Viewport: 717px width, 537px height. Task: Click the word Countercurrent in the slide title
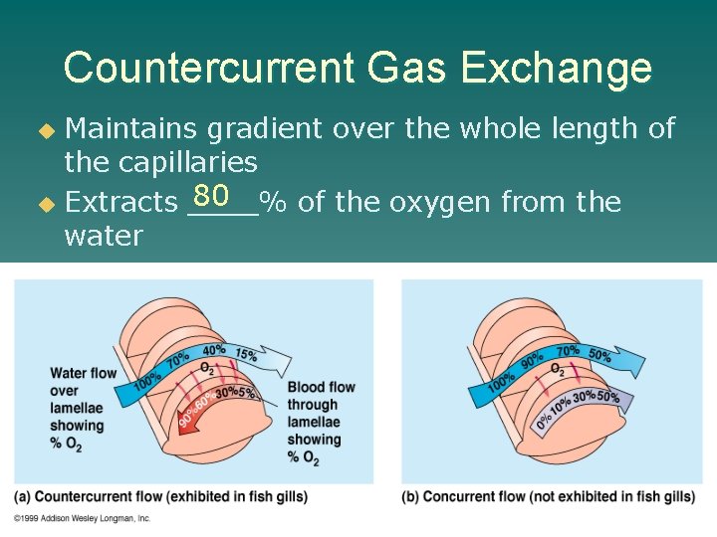208,69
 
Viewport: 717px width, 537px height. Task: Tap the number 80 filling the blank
213,193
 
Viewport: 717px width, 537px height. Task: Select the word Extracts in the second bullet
120,203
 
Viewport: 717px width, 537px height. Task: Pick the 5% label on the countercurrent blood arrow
247,393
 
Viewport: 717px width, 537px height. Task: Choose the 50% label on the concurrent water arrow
600,355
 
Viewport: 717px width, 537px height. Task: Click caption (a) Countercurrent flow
161,496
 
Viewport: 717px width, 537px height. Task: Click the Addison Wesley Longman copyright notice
84,518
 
